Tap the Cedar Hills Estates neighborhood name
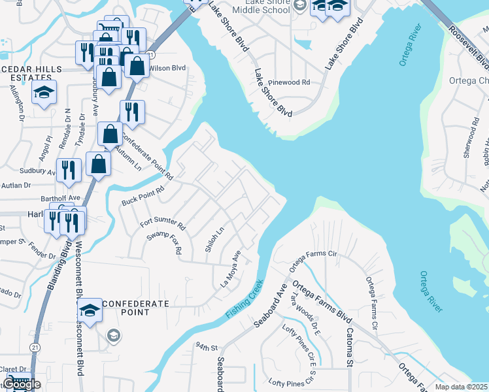[x=29, y=74]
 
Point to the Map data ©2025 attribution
[x=462, y=387]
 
